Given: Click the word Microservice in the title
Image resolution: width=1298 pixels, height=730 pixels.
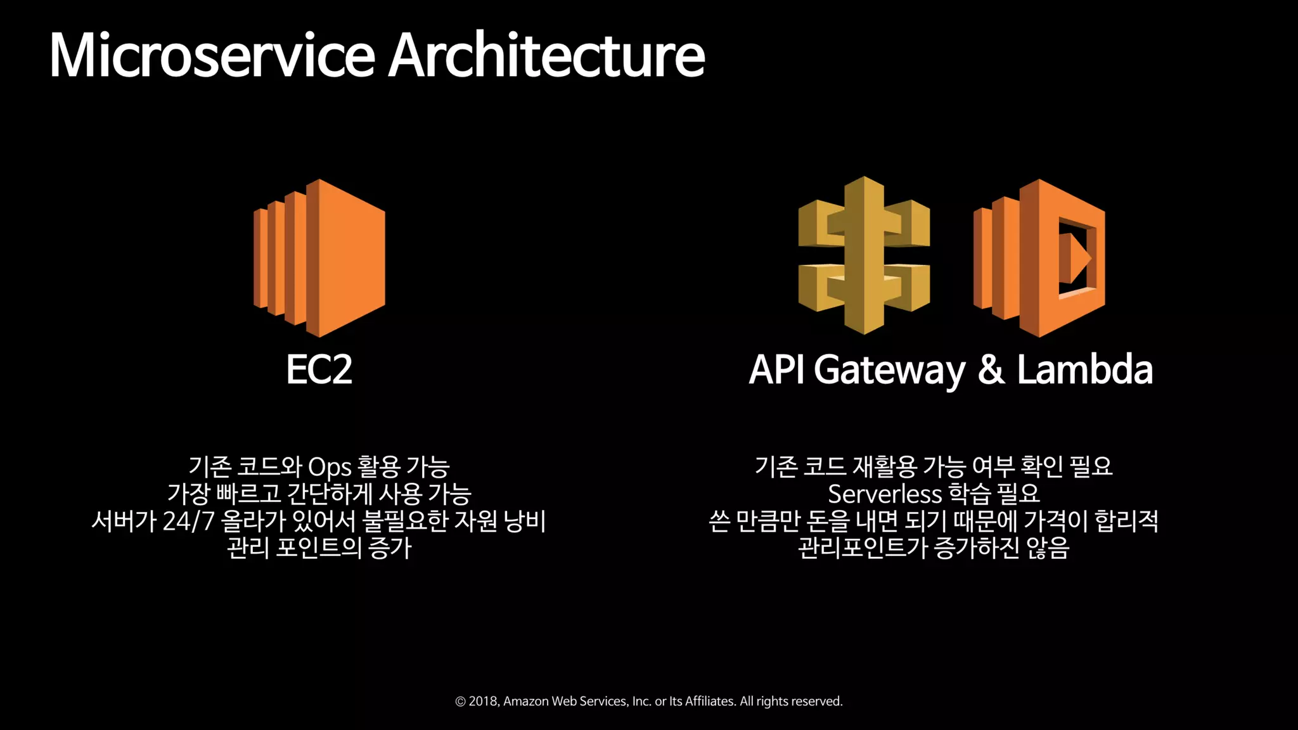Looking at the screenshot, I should [212, 56].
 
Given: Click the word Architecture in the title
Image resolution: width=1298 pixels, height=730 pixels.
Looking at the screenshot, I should [546, 56].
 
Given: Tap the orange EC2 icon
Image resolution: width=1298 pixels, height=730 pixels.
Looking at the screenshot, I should [319, 257].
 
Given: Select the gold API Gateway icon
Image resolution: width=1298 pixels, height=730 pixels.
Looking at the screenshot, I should [864, 255].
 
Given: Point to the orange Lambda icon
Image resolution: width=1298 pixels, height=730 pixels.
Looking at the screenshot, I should [1039, 257].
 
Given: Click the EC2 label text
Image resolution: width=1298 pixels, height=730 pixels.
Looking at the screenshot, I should [319, 369].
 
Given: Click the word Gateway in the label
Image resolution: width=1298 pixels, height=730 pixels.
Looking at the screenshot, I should [889, 371].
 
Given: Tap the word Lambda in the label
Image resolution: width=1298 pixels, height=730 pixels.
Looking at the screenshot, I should [1084, 369].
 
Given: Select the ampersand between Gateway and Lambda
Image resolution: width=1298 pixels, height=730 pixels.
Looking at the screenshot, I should [991, 369].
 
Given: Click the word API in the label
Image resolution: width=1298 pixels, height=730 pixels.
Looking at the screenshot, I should [776, 369].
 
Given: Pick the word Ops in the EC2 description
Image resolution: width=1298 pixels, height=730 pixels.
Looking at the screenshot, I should [330, 468].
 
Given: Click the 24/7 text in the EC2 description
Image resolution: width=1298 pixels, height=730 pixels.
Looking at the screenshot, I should [188, 521].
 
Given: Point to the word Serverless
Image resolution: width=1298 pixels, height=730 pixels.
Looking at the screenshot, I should [885, 494].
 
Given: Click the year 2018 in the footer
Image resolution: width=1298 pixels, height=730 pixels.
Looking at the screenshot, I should [483, 701].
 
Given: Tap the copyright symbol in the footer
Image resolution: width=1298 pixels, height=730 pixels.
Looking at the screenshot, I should [461, 701].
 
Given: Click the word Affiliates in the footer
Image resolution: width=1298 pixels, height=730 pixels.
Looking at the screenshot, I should [710, 701].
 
